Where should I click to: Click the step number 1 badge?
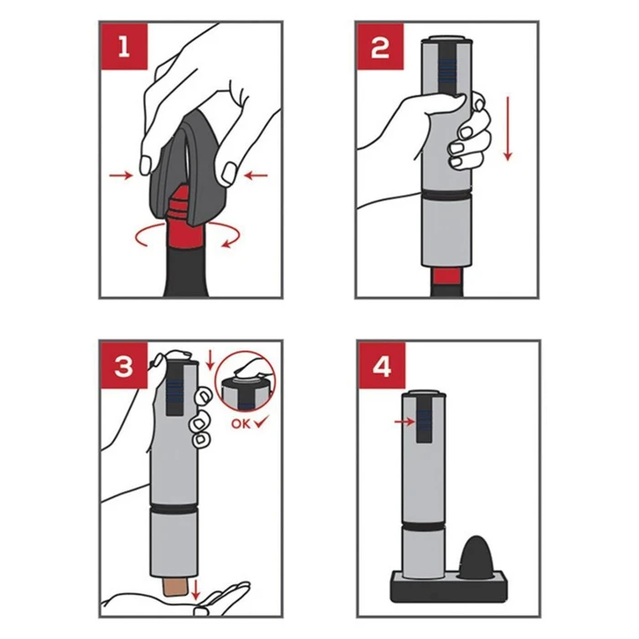tap(124, 47)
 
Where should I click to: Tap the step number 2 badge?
tap(381, 47)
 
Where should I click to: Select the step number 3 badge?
tap(124, 365)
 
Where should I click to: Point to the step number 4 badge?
tap(382, 365)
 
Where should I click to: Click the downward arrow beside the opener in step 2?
tap(508, 129)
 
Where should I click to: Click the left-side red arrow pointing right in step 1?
tap(121, 175)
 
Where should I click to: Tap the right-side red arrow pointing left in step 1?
tap(256, 175)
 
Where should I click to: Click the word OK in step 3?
tap(240, 424)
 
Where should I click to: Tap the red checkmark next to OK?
tap(261, 422)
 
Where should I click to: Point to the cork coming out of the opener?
tap(175, 587)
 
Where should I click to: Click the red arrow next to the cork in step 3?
tap(195, 590)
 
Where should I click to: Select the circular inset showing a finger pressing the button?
tap(246, 382)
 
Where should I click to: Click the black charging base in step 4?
tap(448, 586)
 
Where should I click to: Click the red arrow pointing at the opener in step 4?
tap(404, 422)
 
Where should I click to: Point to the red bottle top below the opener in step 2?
tap(447, 277)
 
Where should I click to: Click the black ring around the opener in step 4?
tap(424, 525)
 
